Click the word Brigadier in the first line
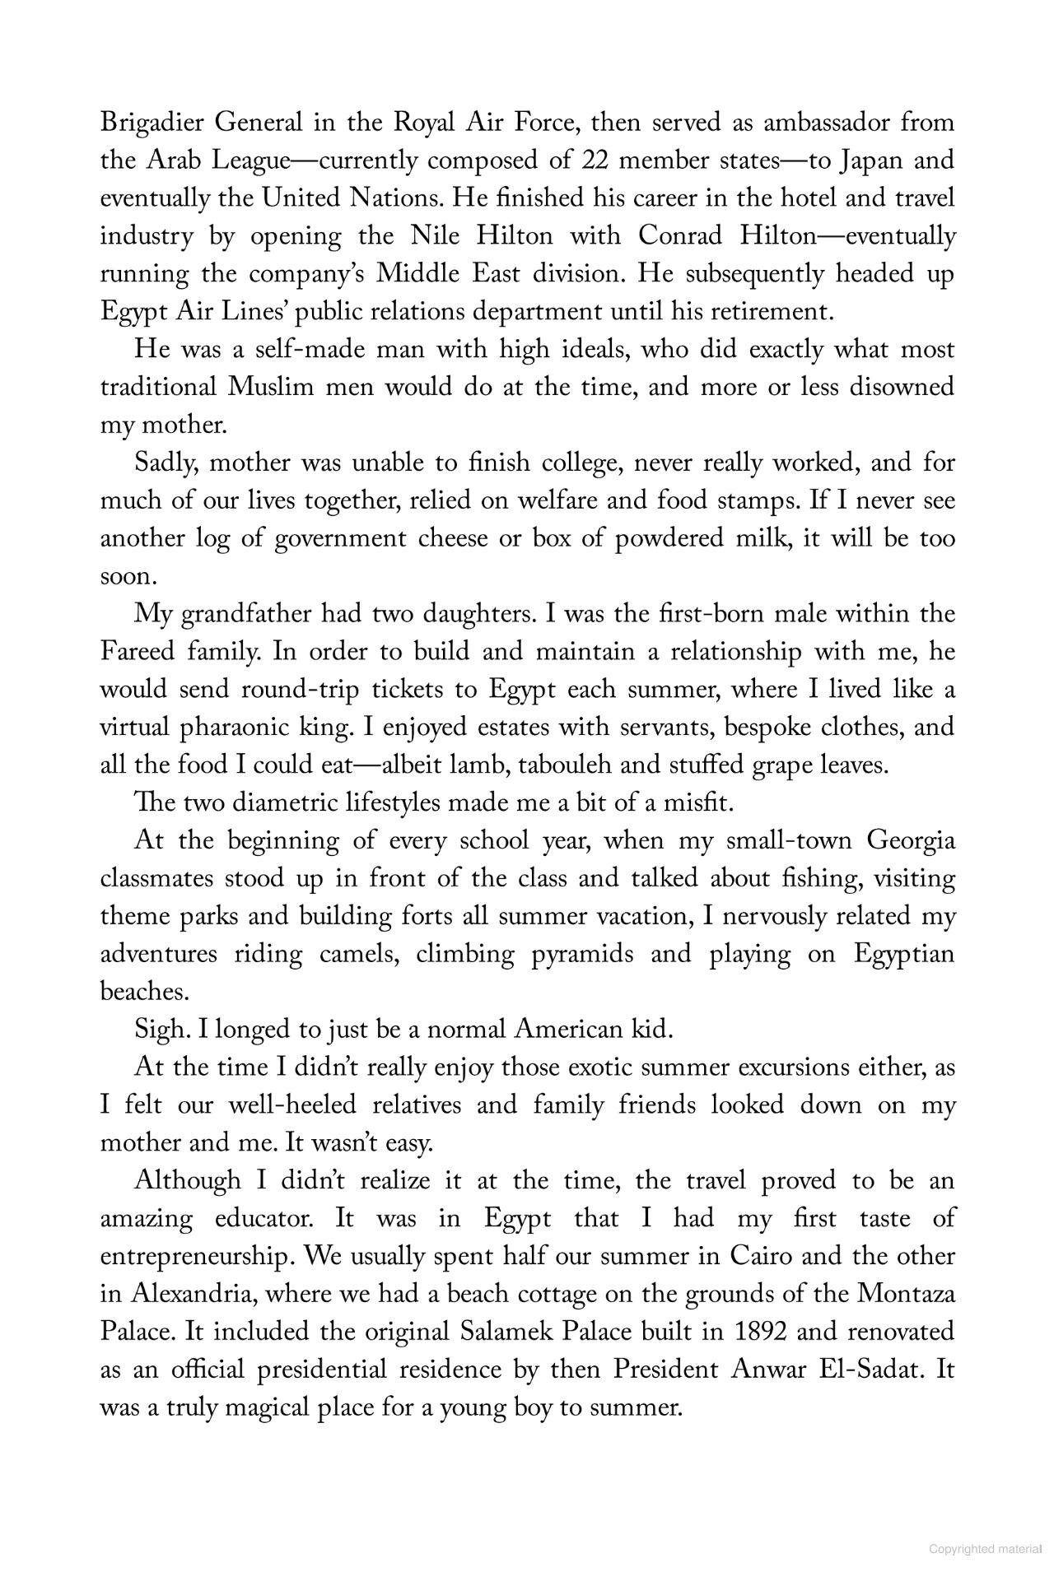pos(152,123)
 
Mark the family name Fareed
pos(137,653)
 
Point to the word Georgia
pos(911,842)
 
